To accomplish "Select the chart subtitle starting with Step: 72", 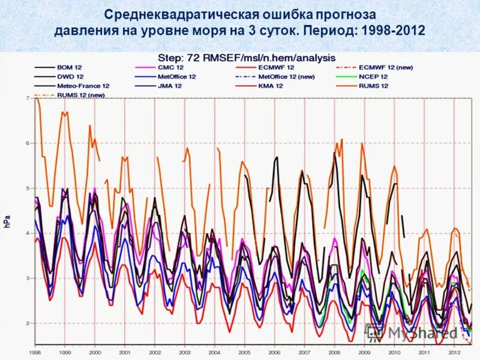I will (x=246, y=57).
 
